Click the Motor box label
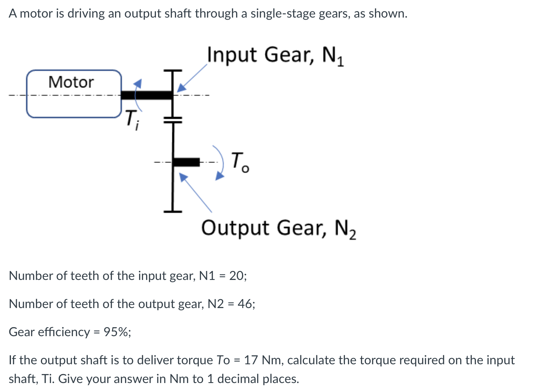point(71,82)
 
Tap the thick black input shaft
point(146,95)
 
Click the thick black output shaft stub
point(186,162)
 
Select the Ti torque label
point(132,119)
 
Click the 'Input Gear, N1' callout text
point(275,55)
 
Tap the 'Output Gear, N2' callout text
point(278,228)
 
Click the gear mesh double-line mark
point(173,120)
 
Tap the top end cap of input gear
point(173,71)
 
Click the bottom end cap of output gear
point(173,211)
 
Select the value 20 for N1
point(237,276)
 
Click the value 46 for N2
point(245,304)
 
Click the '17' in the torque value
point(251,360)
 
